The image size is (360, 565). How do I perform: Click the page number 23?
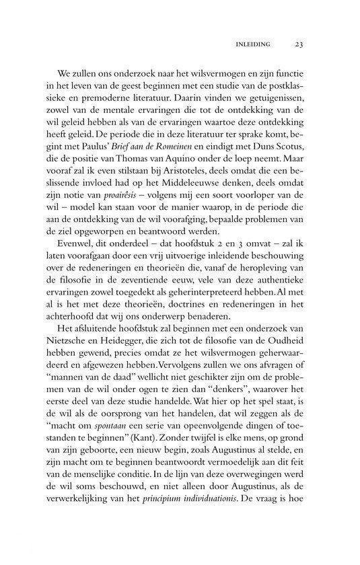click(300, 45)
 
